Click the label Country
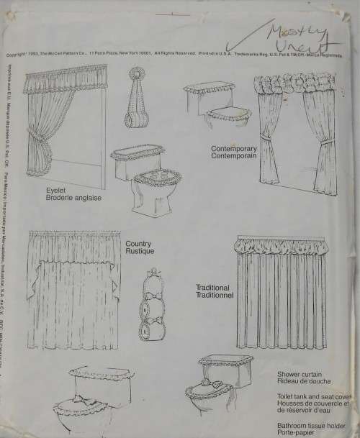click(x=137, y=244)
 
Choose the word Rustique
click(x=138, y=252)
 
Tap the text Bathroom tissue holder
click(x=310, y=417)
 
